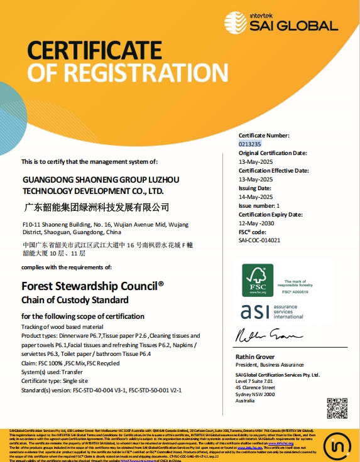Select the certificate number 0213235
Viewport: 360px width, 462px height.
249,144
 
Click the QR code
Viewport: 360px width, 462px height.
337,409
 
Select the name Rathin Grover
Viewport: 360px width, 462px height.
257,357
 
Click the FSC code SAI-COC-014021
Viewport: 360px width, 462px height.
259,240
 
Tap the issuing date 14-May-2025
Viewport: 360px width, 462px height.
256,196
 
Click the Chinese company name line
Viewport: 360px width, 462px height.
96,207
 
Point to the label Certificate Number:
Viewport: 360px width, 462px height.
264,136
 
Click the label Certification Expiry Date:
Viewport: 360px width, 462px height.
271,214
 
